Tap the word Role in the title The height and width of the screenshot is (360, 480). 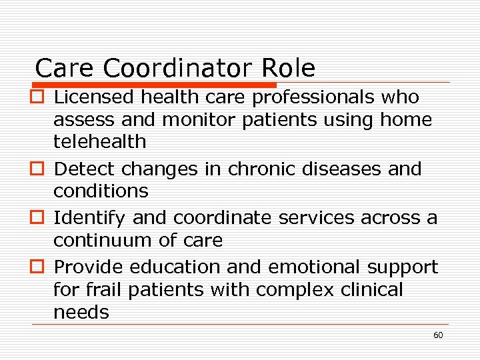289,68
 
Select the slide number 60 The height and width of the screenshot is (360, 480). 438,335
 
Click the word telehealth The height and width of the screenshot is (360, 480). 99,141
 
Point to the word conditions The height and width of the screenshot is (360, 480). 101,191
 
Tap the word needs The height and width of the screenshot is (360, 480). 81,312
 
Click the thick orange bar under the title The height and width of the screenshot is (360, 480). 153,85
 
